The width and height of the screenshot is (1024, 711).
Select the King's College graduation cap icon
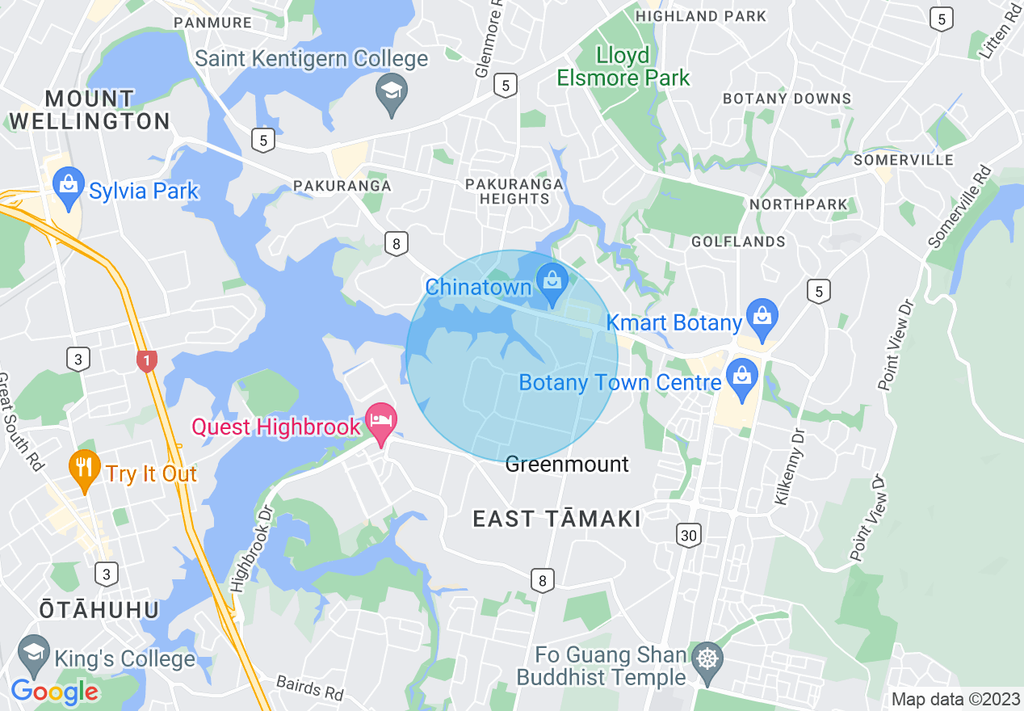pyautogui.click(x=33, y=654)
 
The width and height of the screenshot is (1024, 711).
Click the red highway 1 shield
pyautogui.click(x=147, y=360)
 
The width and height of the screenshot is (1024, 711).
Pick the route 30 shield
pyautogui.click(x=688, y=535)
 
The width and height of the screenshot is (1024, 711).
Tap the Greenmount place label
pyautogui.click(x=566, y=465)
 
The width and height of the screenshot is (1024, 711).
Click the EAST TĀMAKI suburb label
pyautogui.click(x=556, y=519)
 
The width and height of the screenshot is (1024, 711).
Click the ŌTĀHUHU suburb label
pyautogui.click(x=99, y=609)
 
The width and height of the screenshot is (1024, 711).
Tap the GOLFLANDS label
pyautogui.click(x=738, y=242)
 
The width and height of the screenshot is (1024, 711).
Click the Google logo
pyautogui.click(x=54, y=692)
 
